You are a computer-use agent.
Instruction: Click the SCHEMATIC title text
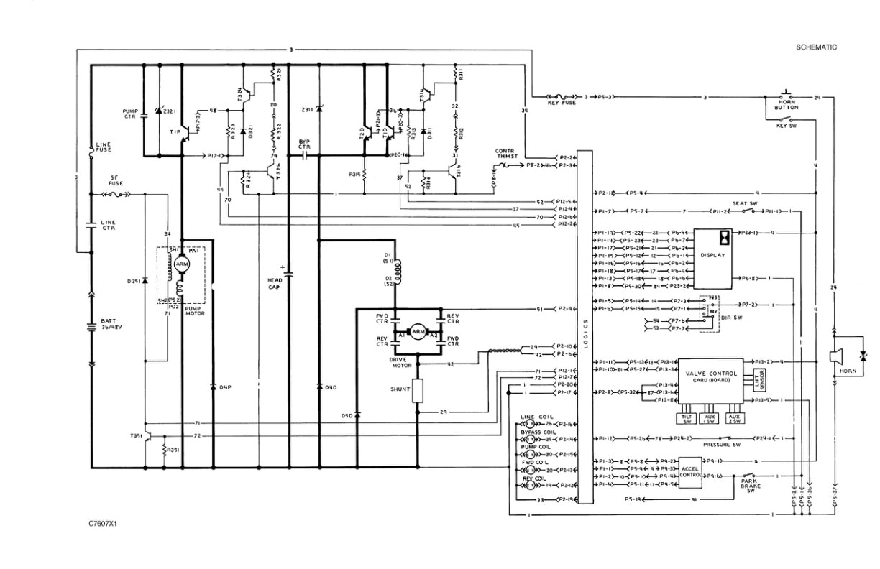[817, 47]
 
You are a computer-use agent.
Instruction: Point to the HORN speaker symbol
[837, 357]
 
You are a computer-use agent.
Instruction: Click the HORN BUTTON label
[787, 106]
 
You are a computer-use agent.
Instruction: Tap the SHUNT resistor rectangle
[417, 389]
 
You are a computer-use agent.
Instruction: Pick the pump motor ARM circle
[181, 264]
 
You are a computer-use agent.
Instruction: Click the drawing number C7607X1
[103, 524]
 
